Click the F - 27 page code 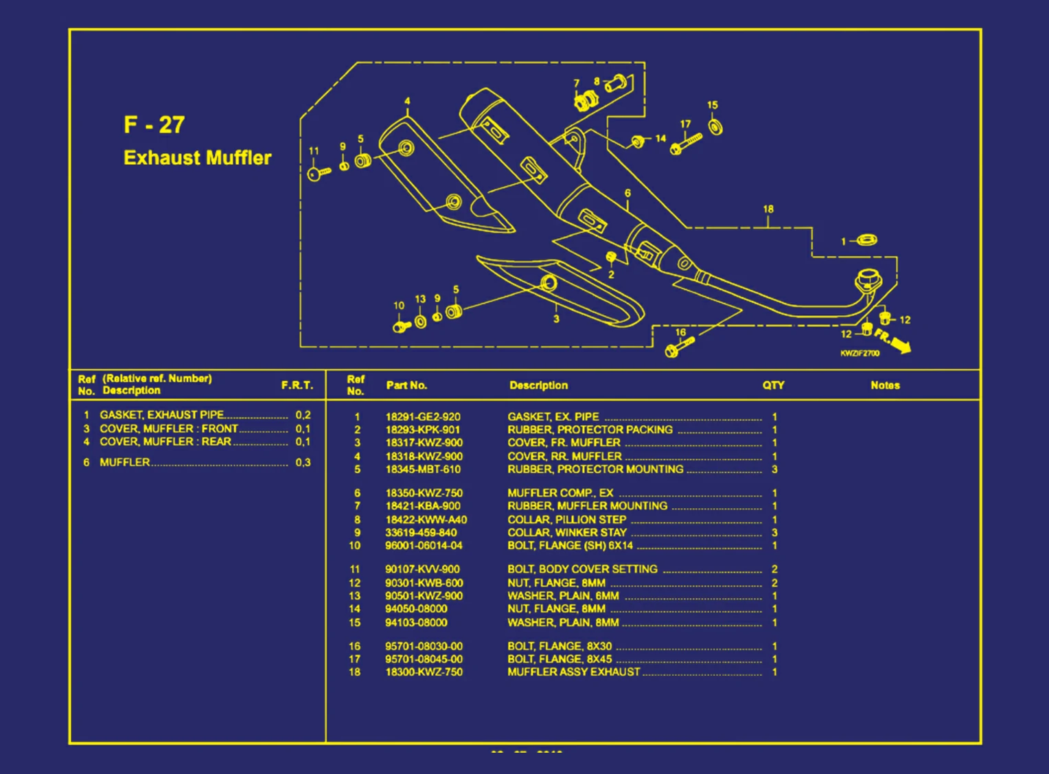point(154,125)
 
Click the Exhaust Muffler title point(197,158)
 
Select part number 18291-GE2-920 point(422,417)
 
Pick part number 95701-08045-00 point(424,659)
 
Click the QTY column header point(773,385)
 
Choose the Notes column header point(885,385)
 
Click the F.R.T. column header point(297,385)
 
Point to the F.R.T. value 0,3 point(303,462)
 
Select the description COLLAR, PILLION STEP point(566,520)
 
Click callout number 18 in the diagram point(768,209)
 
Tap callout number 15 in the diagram point(713,105)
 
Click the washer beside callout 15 point(715,127)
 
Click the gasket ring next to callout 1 point(867,240)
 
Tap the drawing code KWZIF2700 point(860,353)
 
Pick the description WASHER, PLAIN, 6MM point(563,596)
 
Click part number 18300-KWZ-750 point(424,672)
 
